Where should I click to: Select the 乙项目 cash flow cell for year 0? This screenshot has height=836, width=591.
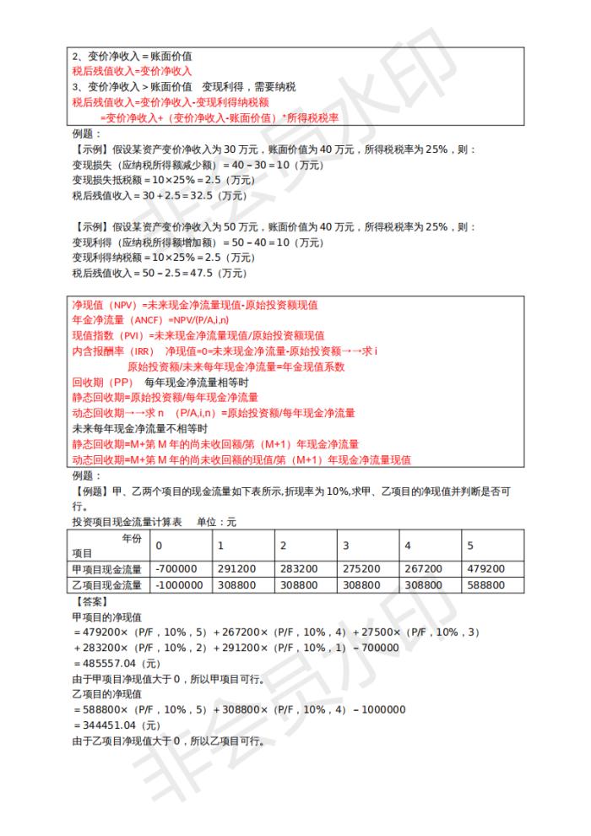click(179, 584)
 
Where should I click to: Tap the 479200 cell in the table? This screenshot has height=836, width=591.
click(487, 568)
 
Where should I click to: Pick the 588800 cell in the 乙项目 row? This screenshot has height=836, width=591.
click(487, 584)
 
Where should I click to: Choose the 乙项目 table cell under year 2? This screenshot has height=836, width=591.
click(300, 584)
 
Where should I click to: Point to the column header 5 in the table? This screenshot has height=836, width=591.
click(471, 546)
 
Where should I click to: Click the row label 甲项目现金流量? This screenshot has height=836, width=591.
click(107, 568)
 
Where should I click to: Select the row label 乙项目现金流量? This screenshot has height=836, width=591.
click(107, 584)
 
